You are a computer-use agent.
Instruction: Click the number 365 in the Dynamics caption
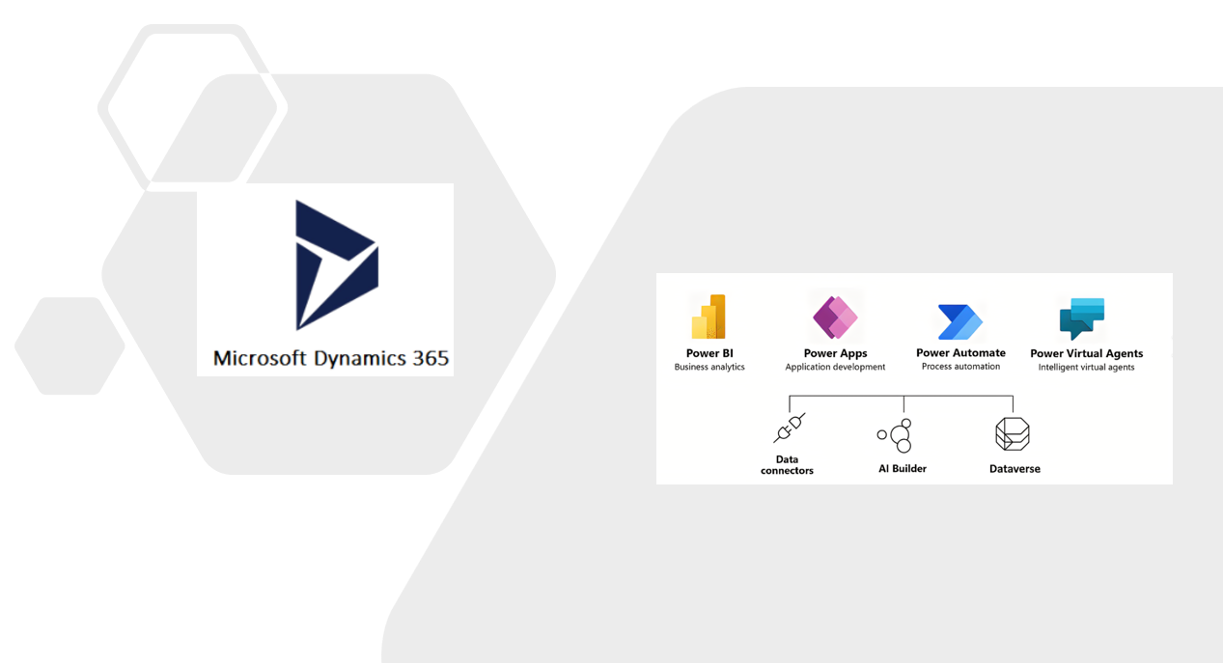430,358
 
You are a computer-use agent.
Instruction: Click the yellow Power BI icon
709,317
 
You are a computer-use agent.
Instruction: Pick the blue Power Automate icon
960,321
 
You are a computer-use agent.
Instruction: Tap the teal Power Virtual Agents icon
1082,318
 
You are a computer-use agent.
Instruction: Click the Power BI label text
709,353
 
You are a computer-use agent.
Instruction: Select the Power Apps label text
835,353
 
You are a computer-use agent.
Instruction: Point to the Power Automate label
960,352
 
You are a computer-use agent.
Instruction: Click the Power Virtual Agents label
1086,353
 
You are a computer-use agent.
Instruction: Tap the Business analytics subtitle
709,367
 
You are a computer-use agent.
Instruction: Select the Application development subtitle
835,367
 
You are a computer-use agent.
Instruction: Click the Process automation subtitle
960,366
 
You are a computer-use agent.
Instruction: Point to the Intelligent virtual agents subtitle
1086,367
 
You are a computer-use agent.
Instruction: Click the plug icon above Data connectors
789,428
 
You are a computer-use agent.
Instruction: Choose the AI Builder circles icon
897,435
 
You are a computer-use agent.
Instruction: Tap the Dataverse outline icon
1013,434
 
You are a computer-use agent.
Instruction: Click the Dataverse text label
1015,469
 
